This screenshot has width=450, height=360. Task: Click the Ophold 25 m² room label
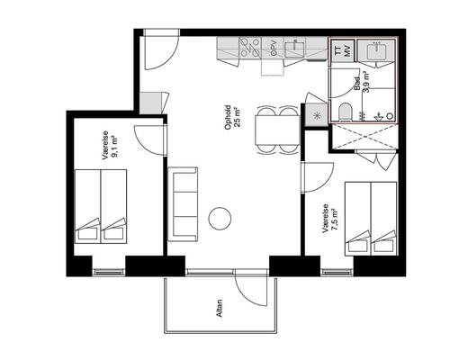[x=233, y=117]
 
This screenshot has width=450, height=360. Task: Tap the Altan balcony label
[x=220, y=308]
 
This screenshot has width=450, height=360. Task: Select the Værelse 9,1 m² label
[x=110, y=146]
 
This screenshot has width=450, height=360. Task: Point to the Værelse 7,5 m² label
[x=329, y=219]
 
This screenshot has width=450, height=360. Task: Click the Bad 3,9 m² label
[x=362, y=83]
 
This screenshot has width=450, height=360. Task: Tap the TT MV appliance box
[x=342, y=50]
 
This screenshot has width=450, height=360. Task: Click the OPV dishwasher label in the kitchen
[x=273, y=48]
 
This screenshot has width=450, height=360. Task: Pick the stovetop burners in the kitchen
[x=250, y=48]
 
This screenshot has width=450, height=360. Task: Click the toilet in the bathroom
[x=345, y=112]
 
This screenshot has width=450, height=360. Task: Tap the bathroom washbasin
[x=376, y=49]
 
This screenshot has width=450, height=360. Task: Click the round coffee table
[x=220, y=219]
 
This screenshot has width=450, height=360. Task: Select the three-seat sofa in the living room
[x=183, y=204]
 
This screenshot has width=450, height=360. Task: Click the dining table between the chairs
[x=277, y=130]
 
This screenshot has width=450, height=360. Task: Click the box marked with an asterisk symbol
[x=317, y=115]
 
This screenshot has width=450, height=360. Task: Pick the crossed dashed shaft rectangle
[x=364, y=136]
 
